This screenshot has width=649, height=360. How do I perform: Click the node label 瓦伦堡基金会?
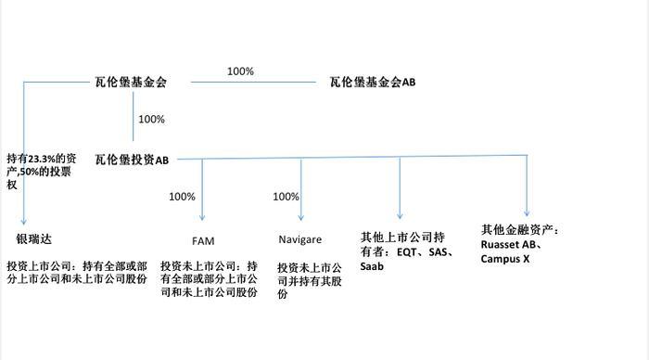(x=131, y=83)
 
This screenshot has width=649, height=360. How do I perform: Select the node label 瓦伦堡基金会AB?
(x=373, y=83)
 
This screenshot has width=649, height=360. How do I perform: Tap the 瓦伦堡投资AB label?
(x=132, y=160)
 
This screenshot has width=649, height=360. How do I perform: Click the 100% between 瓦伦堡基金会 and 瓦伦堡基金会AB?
(x=240, y=71)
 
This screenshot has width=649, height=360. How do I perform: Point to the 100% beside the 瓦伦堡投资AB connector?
(x=151, y=120)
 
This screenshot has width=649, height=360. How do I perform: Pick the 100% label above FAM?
(x=183, y=197)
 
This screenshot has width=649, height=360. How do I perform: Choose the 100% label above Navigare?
(x=286, y=197)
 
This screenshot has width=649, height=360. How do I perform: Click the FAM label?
(x=203, y=239)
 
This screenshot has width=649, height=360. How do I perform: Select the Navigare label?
(x=299, y=239)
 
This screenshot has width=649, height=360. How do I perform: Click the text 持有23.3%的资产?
(x=44, y=159)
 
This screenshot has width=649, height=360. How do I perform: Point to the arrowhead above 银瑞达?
(x=22, y=215)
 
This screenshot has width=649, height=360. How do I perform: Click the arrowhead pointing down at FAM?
(x=202, y=216)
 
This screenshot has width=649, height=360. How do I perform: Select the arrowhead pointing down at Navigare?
(x=300, y=216)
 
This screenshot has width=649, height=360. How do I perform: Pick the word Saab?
(x=372, y=265)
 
